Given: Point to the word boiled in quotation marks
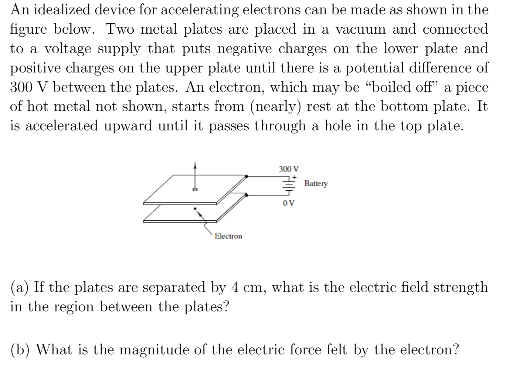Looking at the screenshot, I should click(x=391, y=87).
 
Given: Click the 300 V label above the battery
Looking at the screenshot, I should click(x=289, y=169).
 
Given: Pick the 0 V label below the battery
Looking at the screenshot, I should click(x=288, y=203).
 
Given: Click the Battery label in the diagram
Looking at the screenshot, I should click(x=316, y=184).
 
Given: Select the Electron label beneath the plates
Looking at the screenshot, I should click(x=228, y=236).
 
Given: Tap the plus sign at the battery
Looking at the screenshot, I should click(x=294, y=176).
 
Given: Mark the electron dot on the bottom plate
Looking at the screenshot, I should click(x=195, y=209).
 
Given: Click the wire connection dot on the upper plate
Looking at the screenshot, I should click(x=246, y=176).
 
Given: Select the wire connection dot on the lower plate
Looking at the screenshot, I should click(x=246, y=195).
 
